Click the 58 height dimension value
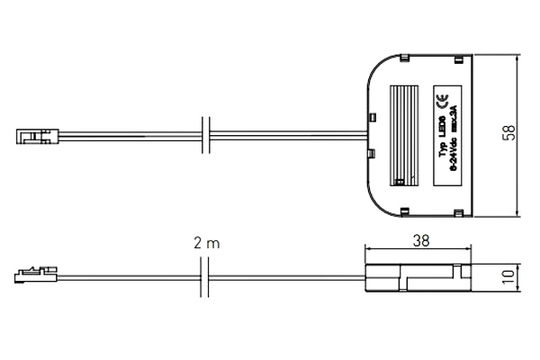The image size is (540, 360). [x=509, y=133]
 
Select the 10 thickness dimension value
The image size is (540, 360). [x=510, y=278]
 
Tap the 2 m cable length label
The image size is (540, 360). [x=206, y=243]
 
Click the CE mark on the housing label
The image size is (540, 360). [x=441, y=101]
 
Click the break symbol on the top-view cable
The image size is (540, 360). [x=206, y=138]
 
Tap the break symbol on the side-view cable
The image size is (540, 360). [x=206, y=277]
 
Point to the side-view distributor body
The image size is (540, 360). [x=418, y=279]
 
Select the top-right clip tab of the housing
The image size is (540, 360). [x=458, y=58]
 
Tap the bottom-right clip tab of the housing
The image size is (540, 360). [x=458, y=212]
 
